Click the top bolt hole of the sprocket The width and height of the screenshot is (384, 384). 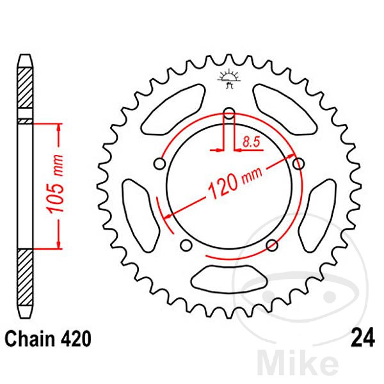click(229, 115)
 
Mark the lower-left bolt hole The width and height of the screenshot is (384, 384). click(186, 245)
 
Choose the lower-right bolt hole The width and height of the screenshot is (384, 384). click(271, 245)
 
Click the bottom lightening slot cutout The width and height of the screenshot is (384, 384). click(228, 279)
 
